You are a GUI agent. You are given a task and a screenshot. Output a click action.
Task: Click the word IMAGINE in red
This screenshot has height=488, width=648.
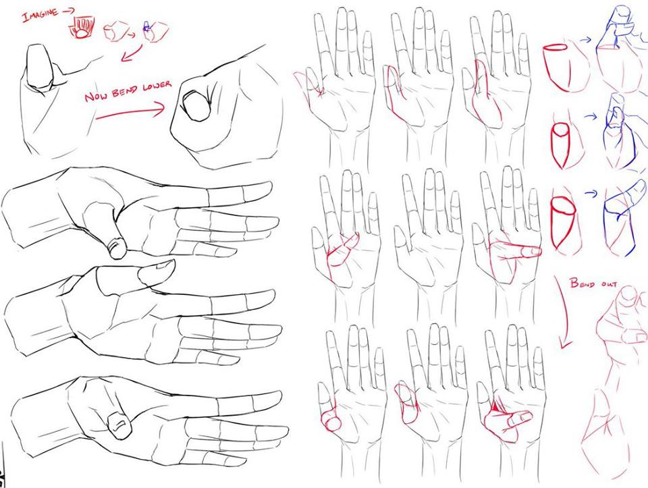40,16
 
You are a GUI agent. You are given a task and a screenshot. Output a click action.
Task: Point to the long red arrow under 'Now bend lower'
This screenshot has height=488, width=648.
130,111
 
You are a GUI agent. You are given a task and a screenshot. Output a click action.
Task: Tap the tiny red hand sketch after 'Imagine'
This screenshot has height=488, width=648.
82,28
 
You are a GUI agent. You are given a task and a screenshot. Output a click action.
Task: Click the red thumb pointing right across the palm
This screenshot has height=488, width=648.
516,250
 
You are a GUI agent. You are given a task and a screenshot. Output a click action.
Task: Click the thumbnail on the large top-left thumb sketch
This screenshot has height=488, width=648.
40,66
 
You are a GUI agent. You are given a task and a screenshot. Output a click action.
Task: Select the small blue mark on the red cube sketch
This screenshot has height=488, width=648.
147,27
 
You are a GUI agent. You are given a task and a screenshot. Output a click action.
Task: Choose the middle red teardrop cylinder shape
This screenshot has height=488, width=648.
560,145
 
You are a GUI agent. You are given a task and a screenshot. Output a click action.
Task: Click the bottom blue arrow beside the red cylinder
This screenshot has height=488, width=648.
591,193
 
